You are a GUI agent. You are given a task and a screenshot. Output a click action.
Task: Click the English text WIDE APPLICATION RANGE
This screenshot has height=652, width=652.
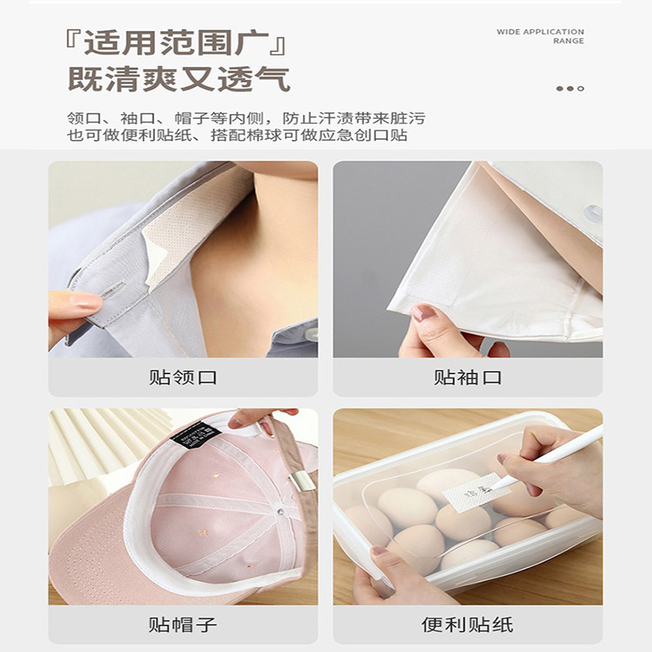[540, 36]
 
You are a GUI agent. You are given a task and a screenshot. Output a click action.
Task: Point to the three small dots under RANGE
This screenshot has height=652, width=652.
[570, 88]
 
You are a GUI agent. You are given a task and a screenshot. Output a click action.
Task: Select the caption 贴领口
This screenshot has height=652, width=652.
[183, 377]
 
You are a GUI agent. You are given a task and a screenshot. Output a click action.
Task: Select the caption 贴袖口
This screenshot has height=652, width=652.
[468, 377]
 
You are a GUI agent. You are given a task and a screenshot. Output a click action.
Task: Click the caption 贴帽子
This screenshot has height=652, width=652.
[183, 625]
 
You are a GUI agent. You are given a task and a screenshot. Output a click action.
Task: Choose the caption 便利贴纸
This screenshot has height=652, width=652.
[468, 625]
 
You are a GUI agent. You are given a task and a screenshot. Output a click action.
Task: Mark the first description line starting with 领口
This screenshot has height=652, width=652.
[244, 118]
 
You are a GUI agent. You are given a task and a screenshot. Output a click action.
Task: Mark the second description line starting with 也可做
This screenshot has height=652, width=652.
[237, 136]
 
